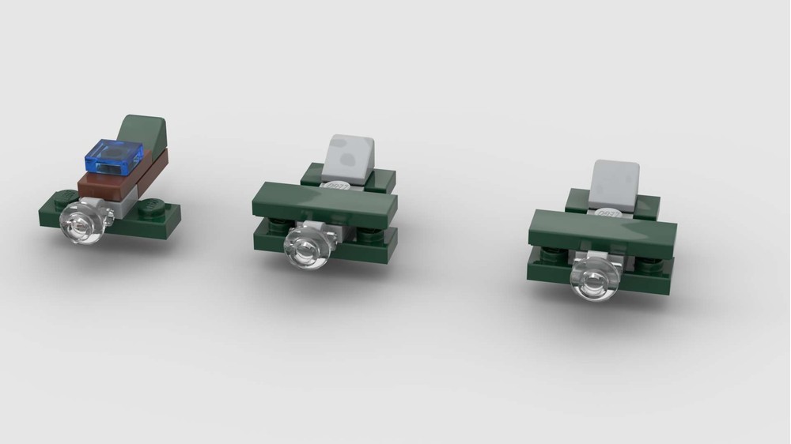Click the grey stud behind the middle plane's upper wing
pos(336,187)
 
